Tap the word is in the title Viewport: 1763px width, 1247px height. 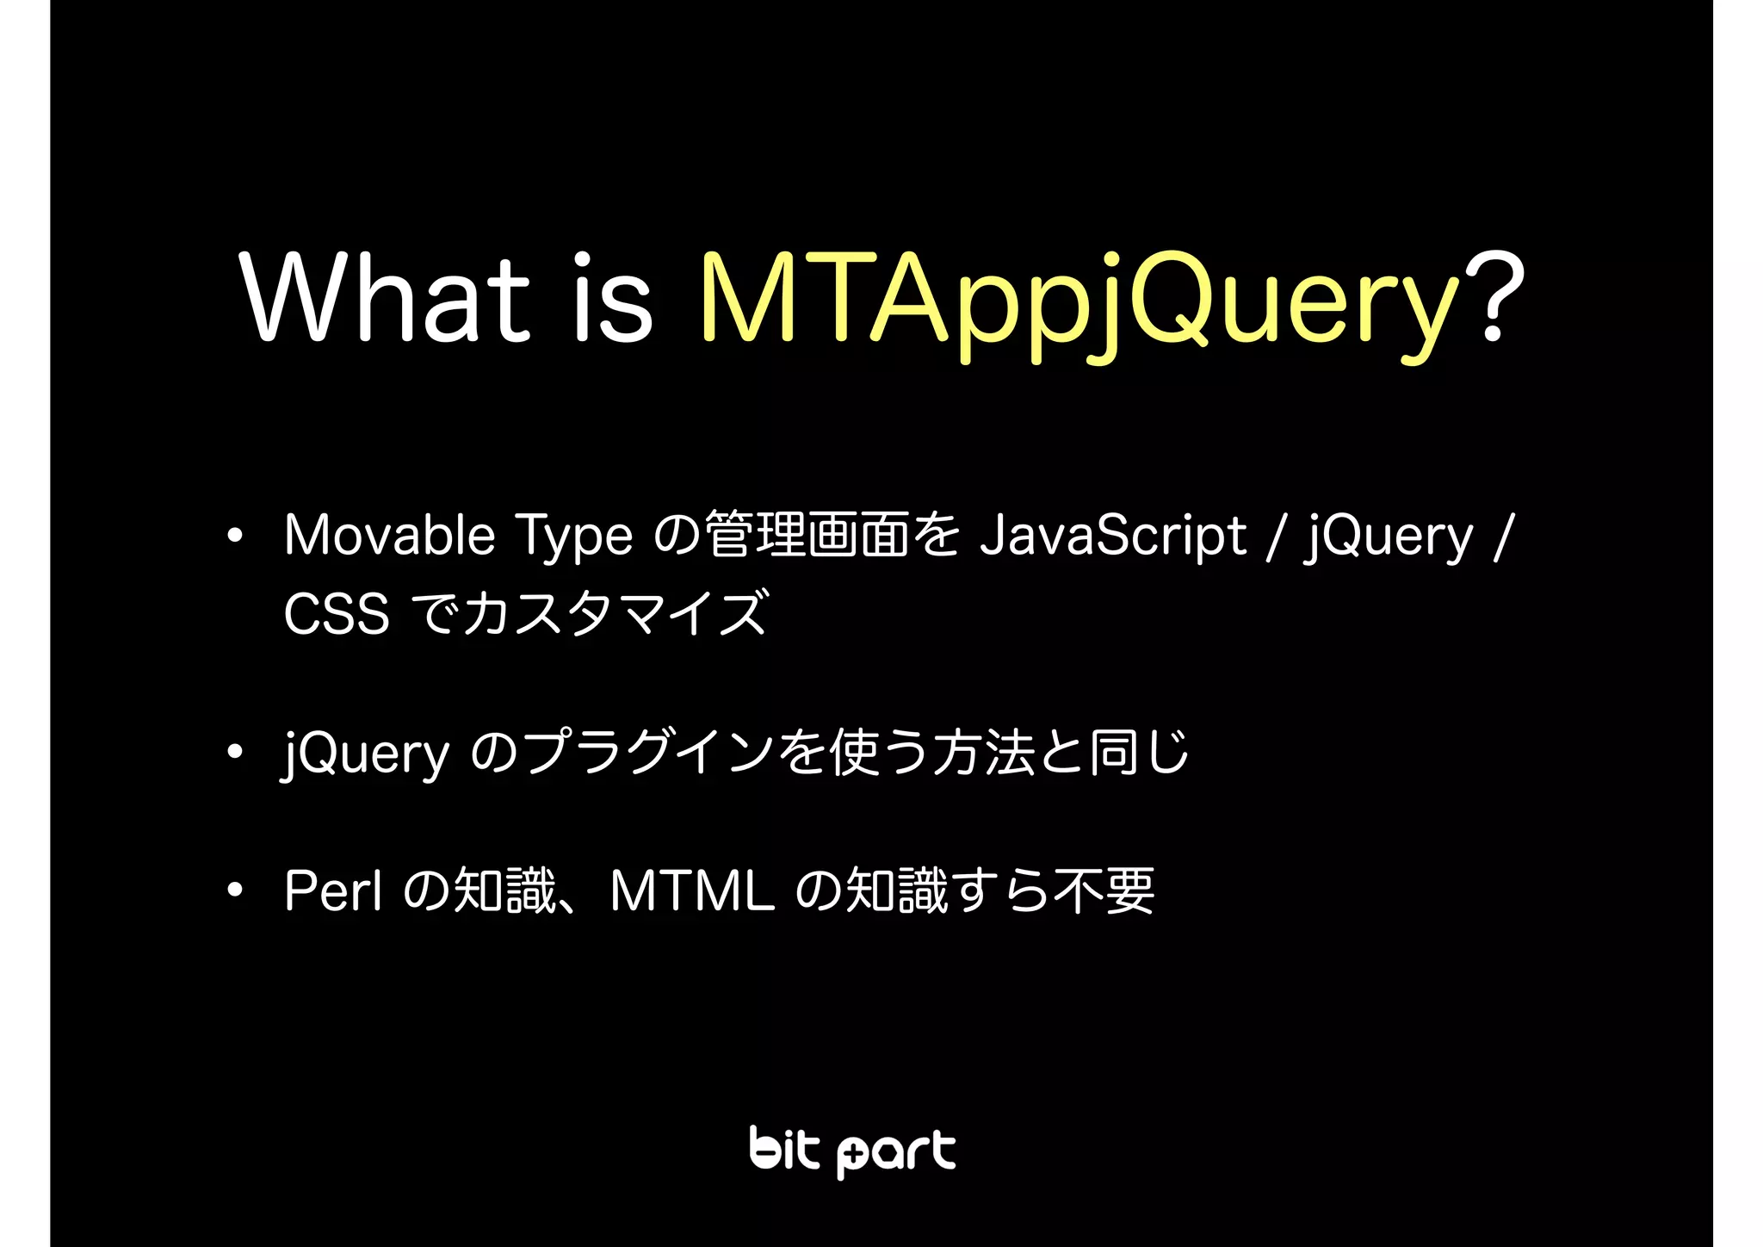click(x=612, y=297)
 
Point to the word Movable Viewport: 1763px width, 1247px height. click(x=389, y=535)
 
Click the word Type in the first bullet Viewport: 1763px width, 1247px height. click(x=573, y=537)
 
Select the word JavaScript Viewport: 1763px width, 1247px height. click(x=1113, y=537)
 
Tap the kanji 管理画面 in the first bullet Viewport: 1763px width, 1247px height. click(x=806, y=535)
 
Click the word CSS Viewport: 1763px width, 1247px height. click(x=337, y=614)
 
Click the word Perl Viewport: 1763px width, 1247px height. click(x=333, y=890)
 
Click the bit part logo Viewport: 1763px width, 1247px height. click(x=852, y=1151)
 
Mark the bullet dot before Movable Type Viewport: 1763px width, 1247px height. click(x=234, y=537)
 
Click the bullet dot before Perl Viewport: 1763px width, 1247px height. click(x=234, y=891)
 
